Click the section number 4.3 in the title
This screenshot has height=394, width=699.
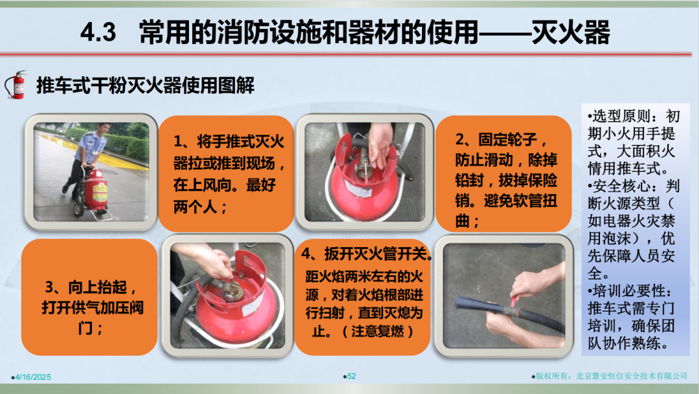click(98, 33)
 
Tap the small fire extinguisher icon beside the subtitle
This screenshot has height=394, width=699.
click(16, 85)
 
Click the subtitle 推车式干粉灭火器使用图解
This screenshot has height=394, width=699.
click(146, 85)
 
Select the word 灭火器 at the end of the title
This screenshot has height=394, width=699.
click(571, 32)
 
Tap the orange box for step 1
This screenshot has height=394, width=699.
click(226, 173)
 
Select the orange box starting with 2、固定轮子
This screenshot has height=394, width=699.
click(504, 173)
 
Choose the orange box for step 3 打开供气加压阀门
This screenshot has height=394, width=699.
click(89, 297)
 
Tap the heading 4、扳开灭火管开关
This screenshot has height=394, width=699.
click(366, 254)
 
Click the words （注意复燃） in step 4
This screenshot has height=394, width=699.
click(377, 331)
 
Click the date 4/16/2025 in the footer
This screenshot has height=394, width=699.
click(32, 377)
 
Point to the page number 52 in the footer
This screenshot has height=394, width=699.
click(351, 377)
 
